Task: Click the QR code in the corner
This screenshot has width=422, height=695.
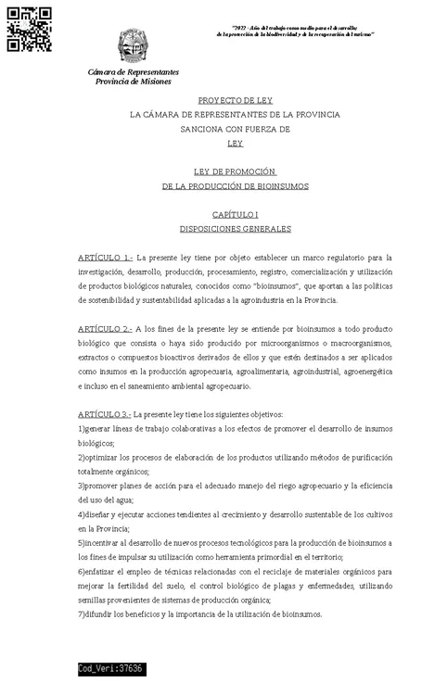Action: pyautogui.click(x=29, y=28)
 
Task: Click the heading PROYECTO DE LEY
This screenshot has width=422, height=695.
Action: pyautogui.click(x=235, y=99)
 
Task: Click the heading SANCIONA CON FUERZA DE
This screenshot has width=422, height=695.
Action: pyautogui.click(x=235, y=129)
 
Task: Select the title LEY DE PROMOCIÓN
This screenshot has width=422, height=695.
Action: pyautogui.click(x=235, y=171)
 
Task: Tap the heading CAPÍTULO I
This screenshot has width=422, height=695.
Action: pyautogui.click(x=235, y=214)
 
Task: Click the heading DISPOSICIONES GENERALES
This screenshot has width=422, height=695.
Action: pyautogui.click(x=235, y=229)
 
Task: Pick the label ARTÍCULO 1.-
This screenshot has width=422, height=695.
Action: pyautogui.click(x=106, y=258)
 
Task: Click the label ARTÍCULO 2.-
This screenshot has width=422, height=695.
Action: pyautogui.click(x=106, y=329)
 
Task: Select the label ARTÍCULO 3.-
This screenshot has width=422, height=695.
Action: pyautogui.click(x=105, y=414)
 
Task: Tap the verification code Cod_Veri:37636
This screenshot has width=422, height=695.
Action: pyautogui.click(x=110, y=669)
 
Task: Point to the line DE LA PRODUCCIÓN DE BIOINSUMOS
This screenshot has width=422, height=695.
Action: pyautogui.click(x=235, y=185)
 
